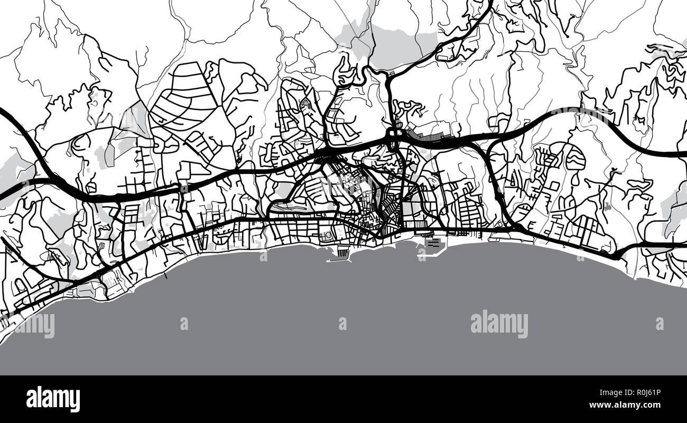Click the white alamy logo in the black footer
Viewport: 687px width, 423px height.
pyautogui.click(x=53, y=399)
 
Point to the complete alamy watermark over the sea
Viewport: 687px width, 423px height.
pyautogui.click(x=499, y=324)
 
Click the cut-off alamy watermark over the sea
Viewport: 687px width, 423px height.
pyautogui.click(x=33, y=325)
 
